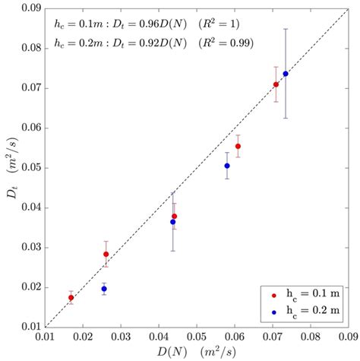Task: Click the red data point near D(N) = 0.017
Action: point(71,298)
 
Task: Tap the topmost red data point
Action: point(276,84)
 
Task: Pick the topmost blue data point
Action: point(286,74)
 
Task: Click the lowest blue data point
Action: point(104,289)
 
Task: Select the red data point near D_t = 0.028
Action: point(106,254)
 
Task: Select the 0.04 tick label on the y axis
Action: point(31,207)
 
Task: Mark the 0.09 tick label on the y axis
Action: point(31,8)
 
